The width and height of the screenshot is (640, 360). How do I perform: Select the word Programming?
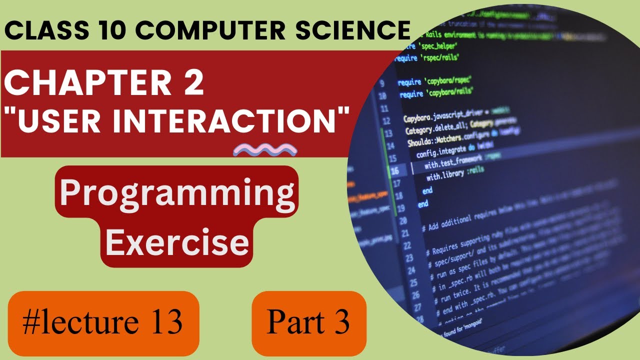(x=177, y=193)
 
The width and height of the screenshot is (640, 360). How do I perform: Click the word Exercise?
(x=177, y=242)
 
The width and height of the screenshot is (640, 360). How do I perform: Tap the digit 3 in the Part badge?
(x=342, y=323)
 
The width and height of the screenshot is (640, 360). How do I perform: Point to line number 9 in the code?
(x=383, y=83)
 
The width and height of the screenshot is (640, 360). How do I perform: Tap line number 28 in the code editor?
(x=420, y=319)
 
